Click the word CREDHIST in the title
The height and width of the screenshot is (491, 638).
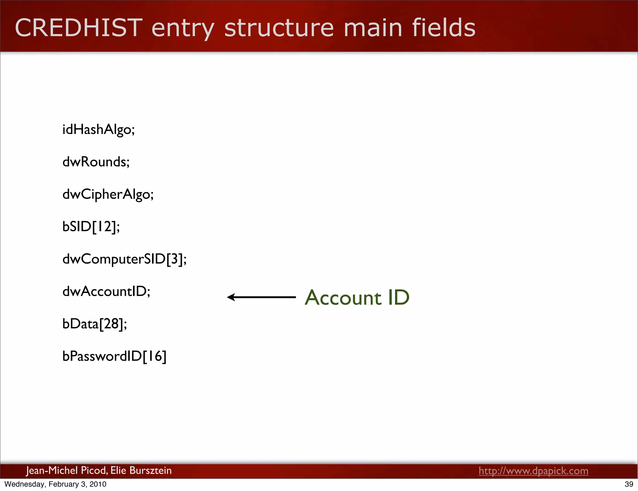coord(79,28)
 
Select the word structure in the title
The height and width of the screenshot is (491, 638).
coord(279,28)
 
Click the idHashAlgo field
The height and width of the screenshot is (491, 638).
coord(98,130)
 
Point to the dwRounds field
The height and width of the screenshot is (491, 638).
coord(96,162)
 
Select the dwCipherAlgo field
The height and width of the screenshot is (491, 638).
coord(108,194)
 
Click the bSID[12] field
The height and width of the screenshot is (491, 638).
coord(91,227)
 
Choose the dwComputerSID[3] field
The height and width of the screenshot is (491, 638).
coord(124,259)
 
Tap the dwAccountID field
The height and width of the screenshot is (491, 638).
coord(106,292)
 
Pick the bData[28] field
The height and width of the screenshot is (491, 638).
coord(94,324)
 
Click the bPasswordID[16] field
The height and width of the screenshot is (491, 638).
coord(114,356)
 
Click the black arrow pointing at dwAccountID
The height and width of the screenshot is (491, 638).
coord(261,297)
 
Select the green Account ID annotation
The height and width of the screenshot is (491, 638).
coord(357,298)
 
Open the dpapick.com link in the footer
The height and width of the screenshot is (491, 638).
coord(533,471)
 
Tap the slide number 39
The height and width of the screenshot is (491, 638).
coord(629,484)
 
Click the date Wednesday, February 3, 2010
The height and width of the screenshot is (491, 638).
coord(55,484)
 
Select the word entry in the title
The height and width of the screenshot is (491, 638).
coord(183,28)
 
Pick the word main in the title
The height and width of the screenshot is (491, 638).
coord(373,28)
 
